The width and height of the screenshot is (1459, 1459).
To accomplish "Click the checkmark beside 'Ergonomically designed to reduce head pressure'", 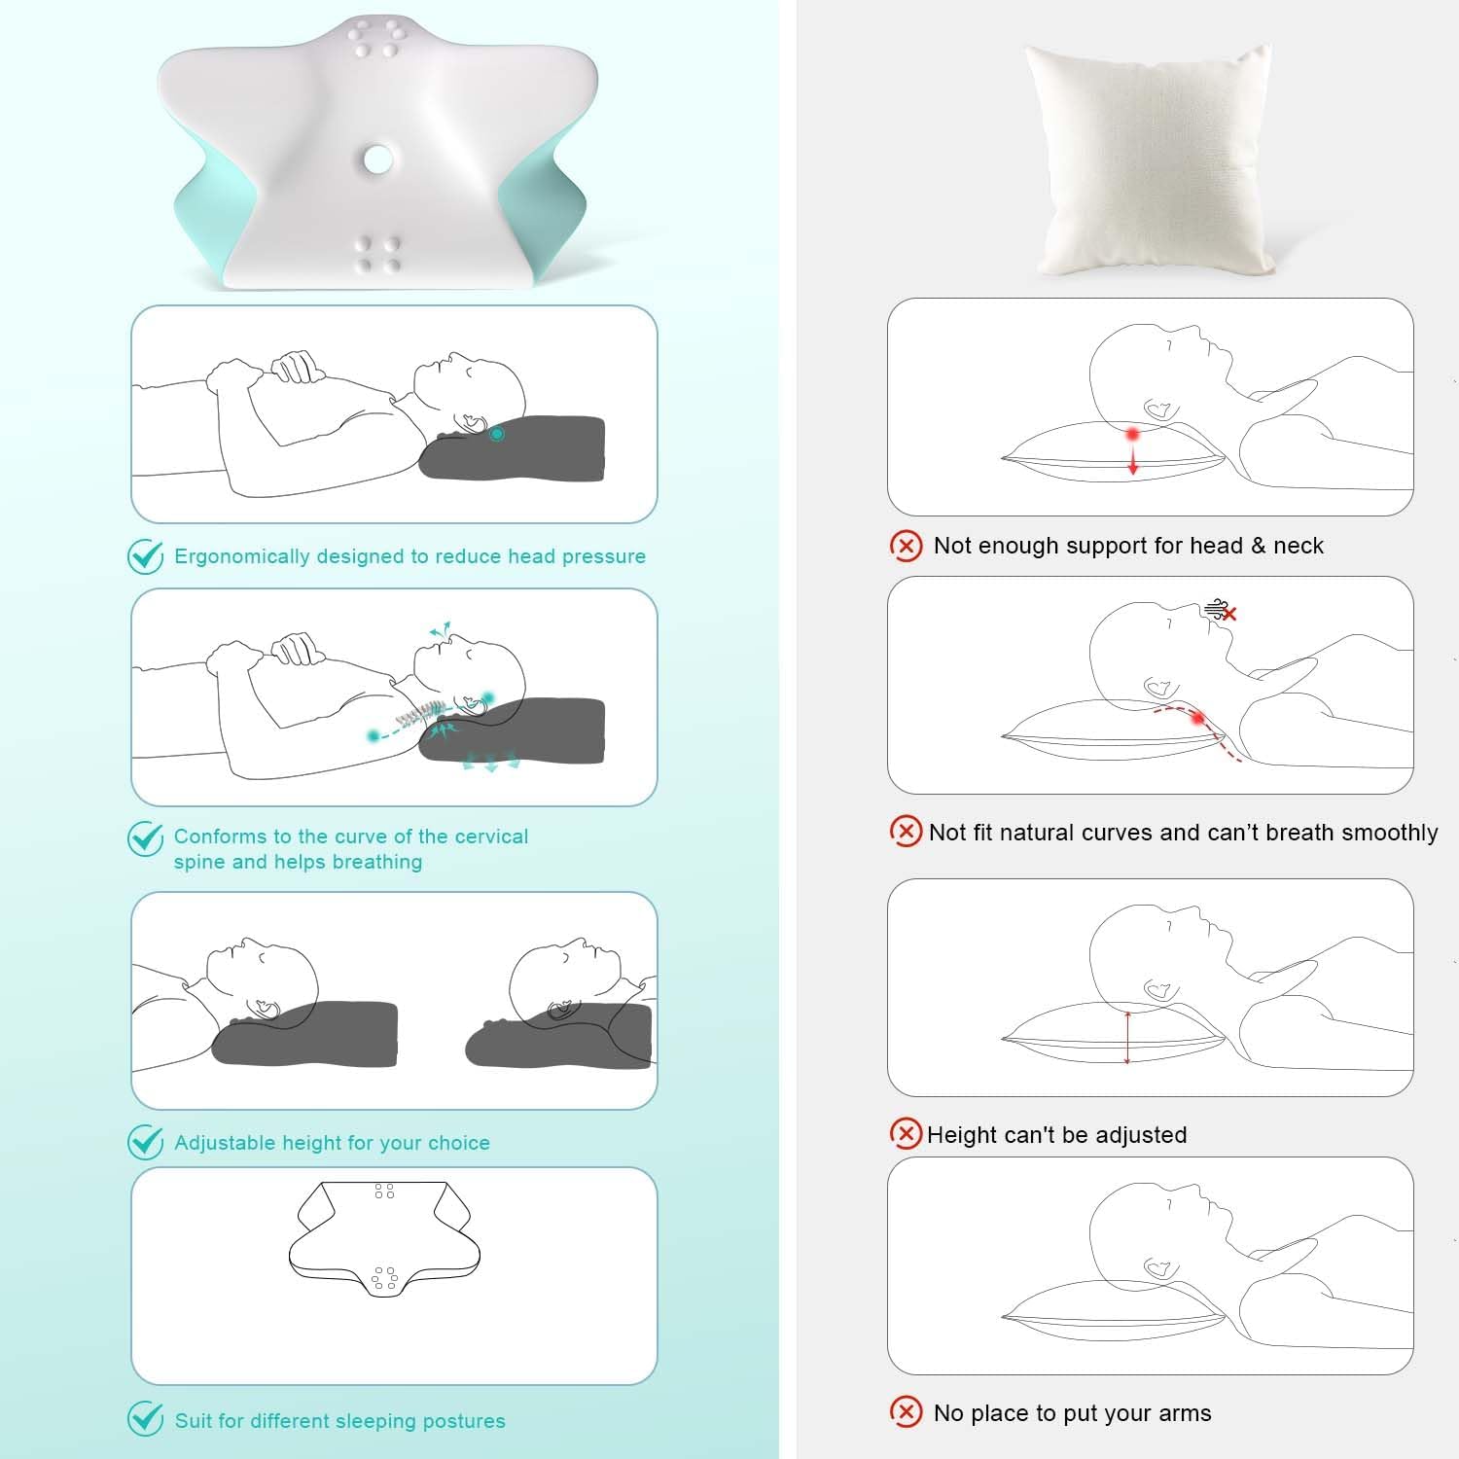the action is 146,556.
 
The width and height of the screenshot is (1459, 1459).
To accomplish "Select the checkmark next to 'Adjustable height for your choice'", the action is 146,1142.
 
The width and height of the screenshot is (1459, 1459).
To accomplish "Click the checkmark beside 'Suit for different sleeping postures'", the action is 146,1419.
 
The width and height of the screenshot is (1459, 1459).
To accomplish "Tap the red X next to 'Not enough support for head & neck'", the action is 906,546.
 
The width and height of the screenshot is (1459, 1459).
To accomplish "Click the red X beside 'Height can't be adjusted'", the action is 906,1133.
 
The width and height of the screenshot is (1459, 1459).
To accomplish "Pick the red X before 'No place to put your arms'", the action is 906,1412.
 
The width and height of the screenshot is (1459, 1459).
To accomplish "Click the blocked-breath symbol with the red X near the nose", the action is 1220,611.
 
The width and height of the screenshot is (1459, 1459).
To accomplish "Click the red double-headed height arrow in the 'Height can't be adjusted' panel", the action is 1127,1037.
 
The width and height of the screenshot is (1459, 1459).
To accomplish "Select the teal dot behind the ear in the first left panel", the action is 497,434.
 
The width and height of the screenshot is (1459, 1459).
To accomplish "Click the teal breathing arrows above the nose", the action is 441,630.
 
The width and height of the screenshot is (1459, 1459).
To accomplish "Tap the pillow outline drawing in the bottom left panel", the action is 384,1239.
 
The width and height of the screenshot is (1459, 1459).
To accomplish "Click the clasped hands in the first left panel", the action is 298,367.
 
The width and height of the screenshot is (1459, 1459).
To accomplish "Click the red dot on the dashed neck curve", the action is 1198,718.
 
